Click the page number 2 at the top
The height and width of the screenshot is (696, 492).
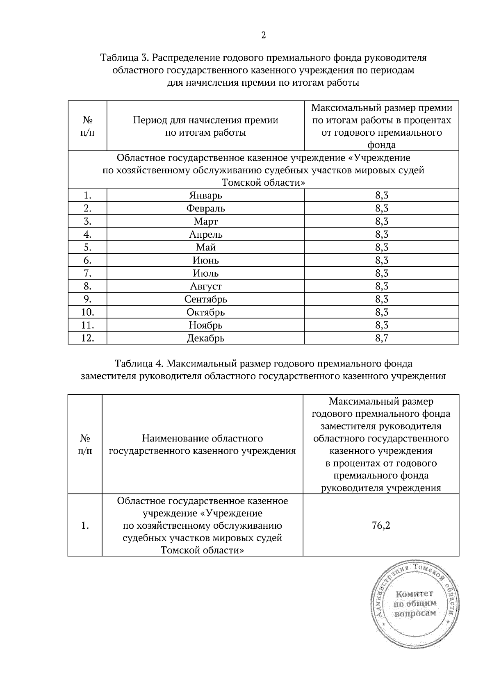tap(263, 35)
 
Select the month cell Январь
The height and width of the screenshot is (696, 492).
tap(205, 195)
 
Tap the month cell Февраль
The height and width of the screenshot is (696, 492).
tap(205, 208)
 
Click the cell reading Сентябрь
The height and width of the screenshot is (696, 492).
tap(205, 299)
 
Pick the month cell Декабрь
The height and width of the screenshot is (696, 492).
tap(205, 338)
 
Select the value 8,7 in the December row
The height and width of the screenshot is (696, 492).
tap(381, 338)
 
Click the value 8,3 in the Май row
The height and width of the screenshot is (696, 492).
tap(381, 247)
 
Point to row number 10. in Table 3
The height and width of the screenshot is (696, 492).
tap(87, 312)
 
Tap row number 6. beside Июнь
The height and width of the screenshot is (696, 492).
tap(87, 260)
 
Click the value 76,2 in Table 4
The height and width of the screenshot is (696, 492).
tap(380, 525)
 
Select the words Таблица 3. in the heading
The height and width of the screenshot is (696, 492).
tap(125, 58)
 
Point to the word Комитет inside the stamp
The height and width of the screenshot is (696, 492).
tap(414, 594)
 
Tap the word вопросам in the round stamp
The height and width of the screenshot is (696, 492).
tap(415, 614)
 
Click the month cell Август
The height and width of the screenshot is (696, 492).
tap(205, 286)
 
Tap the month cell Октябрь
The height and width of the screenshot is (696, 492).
tap(205, 312)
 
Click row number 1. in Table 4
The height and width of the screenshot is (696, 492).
tap(85, 525)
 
